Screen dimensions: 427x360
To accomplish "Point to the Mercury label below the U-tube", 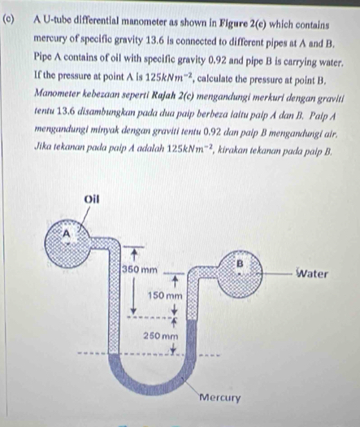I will [219, 399].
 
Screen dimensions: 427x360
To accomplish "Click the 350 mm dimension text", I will [140, 268].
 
